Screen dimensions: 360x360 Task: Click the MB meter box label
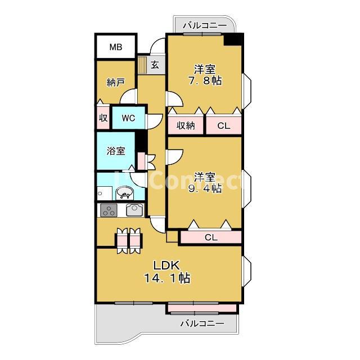[x=116, y=47]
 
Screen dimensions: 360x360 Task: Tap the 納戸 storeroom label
[x=116, y=83]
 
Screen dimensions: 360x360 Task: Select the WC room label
[x=128, y=118]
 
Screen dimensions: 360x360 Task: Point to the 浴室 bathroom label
[x=116, y=151]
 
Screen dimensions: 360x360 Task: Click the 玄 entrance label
[x=155, y=65]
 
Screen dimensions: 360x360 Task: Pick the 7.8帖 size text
[x=205, y=80]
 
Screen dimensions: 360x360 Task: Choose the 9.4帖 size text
[x=205, y=188]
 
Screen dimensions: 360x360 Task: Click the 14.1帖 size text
[x=166, y=278]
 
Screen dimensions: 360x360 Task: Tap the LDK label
[x=166, y=265]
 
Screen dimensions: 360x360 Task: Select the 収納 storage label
[x=186, y=125]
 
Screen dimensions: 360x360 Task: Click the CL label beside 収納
[x=224, y=125]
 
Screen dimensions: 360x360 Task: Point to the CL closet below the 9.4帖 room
[x=211, y=237]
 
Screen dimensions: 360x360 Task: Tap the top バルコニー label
[x=205, y=25]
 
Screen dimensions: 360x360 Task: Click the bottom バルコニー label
[x=202, y=324]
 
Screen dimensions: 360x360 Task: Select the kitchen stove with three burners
[x=109, y=210]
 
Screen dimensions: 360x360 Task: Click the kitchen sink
[x=135, y=210]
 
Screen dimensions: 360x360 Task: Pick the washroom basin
[x=125, y=193]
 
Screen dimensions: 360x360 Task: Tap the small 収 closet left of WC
[x=103, y=118]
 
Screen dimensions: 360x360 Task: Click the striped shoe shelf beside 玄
[x=142, y=65]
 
